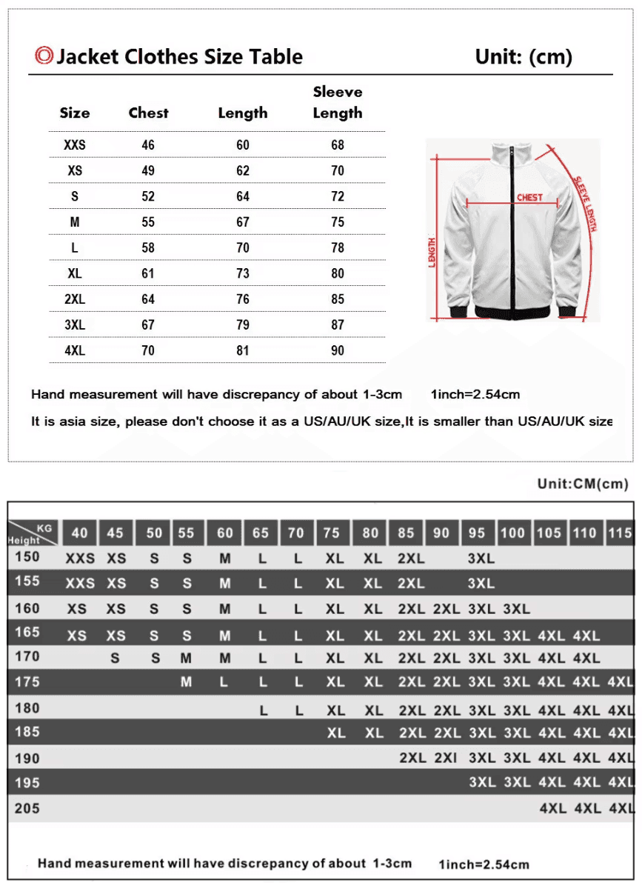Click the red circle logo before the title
coord(44,56)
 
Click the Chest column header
coord(148,113)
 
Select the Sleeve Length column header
coord(338,102)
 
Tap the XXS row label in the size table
coord(75,145)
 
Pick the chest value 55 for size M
coord(148,222)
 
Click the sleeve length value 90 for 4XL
coord(338,350)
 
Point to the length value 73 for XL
coord(243,273)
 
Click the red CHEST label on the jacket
coord(529,197)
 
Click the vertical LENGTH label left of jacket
coord(432,253)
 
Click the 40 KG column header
coord(79,533)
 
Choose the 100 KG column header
coord(512,533)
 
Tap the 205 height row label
coord(27,808)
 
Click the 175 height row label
coord(27,682)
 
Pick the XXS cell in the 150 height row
coord(80,559)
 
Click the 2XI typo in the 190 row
coord(446,758)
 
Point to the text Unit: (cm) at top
coord(524,57)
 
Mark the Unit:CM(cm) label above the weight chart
coord(583,484)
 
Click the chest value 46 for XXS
coord(148,145)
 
